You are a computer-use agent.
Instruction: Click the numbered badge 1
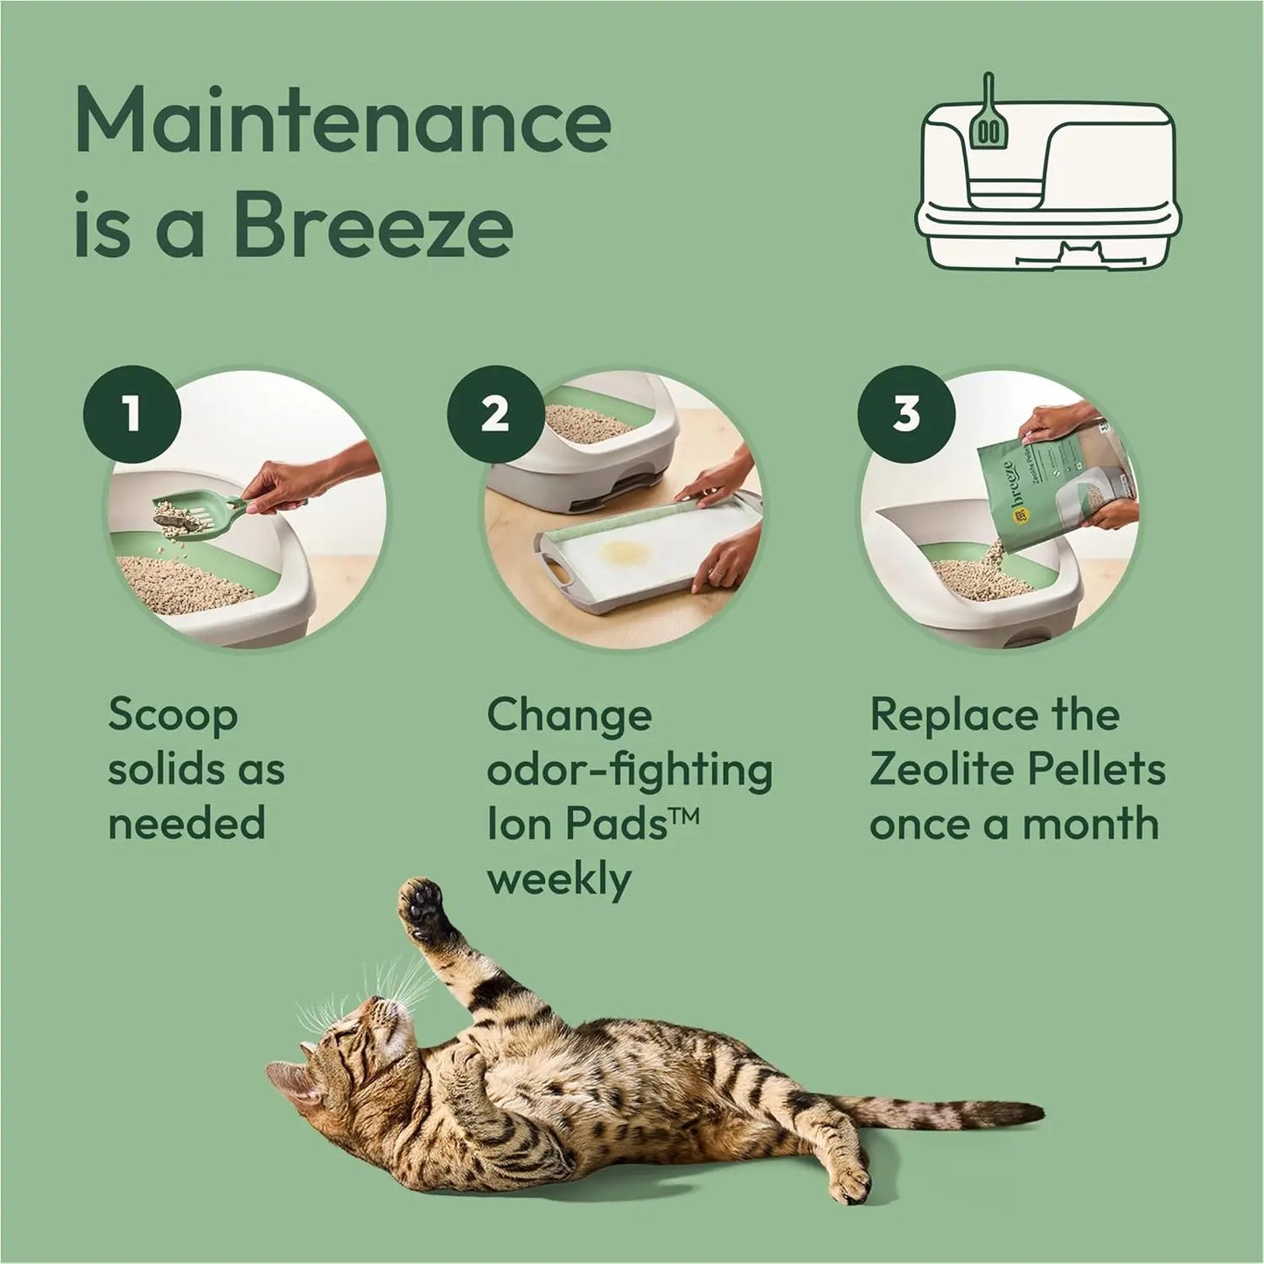point(132,414)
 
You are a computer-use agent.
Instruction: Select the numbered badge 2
point(495,414)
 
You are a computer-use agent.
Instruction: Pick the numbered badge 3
point(906,414)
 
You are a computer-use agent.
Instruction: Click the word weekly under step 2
point(558,879)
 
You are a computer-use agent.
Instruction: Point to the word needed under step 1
point(186,824)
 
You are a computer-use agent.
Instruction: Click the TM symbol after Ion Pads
point(683,816)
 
